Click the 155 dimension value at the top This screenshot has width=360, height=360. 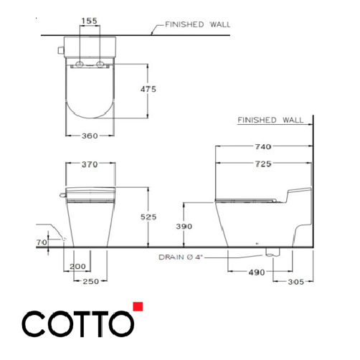[x=89, y=22]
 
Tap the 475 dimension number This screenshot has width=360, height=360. [x=148, y=89]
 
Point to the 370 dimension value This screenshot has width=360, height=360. [x=89, y=165]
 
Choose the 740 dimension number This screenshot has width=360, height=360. [x=262, y=147]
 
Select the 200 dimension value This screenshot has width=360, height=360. [x=80, y=266]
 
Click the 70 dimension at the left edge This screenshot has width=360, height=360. [x=41, y=242]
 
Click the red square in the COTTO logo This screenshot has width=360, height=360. [x=138, y=308]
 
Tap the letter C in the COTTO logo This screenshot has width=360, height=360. [x=34, y=324]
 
